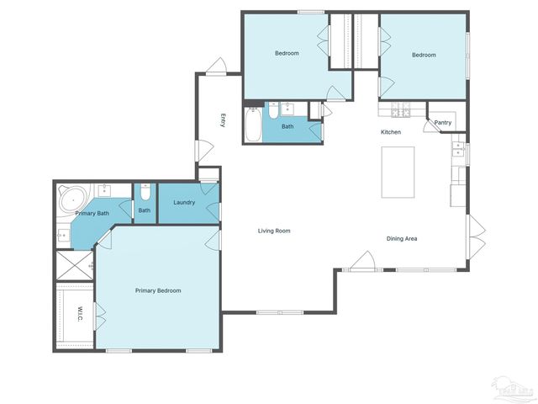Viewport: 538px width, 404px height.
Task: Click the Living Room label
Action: pyautogui.click(x=274, y=231)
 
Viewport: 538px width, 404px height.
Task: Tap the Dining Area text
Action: pyautogui.click(x=402, y=238)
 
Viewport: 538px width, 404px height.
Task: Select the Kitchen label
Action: pyautogui.click(x=391, y=132)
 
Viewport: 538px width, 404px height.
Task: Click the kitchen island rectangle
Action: pyautogui.click(x=398, y=172)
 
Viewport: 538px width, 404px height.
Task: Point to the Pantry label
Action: pyautogui.click(x=443, y=123)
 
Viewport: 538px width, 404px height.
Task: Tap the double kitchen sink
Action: pyautogui.click(x=458, y=150)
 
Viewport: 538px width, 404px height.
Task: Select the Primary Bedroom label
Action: pyautogui.click(x=158, y=290)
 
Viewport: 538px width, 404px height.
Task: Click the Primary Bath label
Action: pyautogui.click(x=92, y=214)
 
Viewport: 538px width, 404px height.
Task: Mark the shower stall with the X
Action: pyautogui.click(x=74, y=265)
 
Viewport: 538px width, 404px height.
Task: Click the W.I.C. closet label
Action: pyautogui.click(x=79, y=314)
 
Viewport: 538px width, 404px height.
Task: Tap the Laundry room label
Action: pyautogui.click(x=184, y=202)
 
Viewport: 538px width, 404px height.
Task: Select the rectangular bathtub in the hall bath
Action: pyautogui.click(x=253, y=123)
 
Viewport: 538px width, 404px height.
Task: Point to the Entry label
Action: pyautogui.click(x=223, y=120)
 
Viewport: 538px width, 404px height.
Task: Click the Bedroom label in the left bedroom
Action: pyautogui.click(x=287, y=53)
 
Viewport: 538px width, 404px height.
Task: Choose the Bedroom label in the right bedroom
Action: pyautogui.click(x=424, y=55)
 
